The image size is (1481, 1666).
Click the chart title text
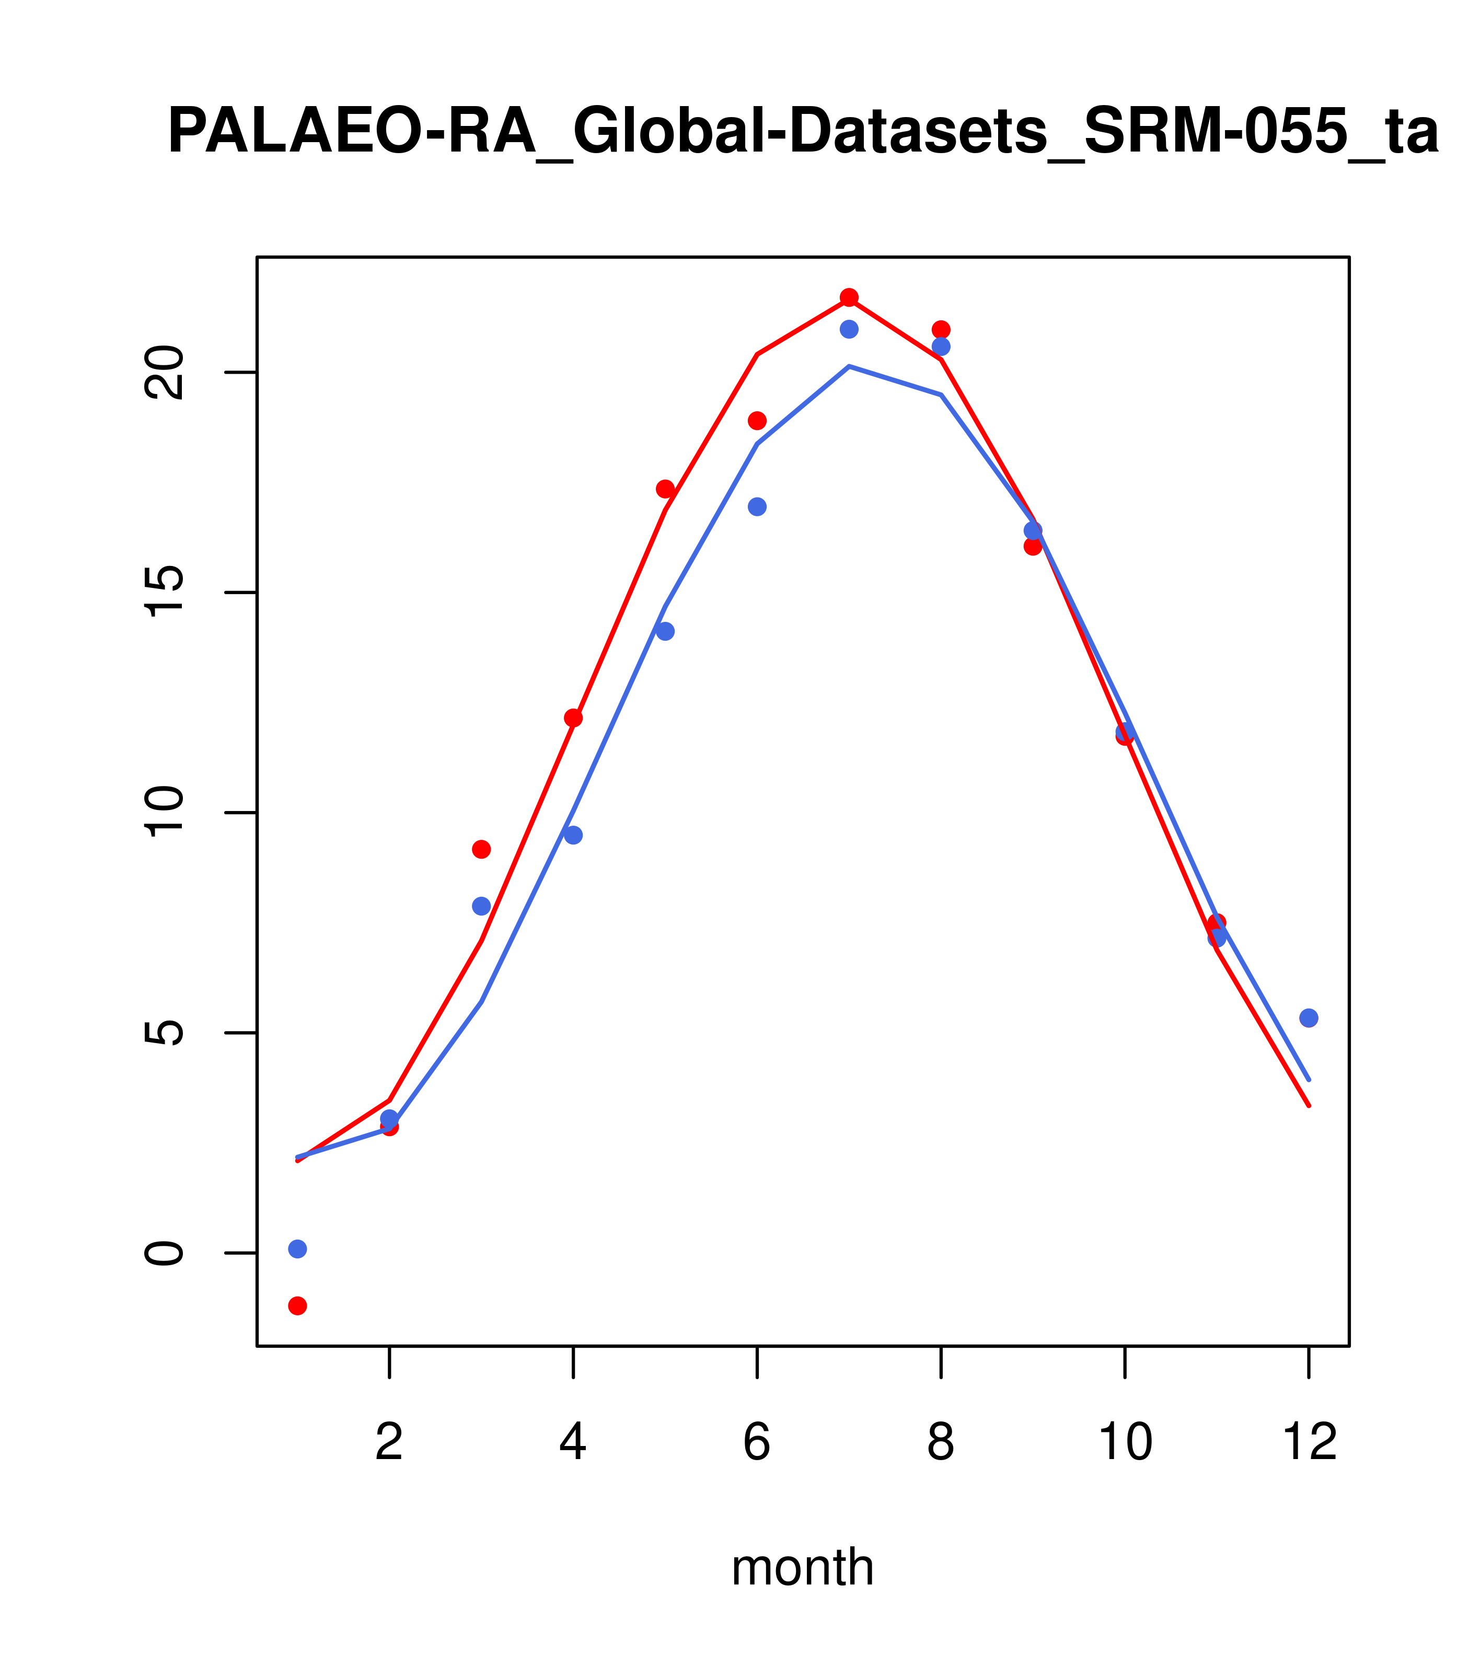click(803, 132)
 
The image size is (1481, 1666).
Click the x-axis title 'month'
click(802, 1567)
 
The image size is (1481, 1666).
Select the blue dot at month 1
click(297, 1248)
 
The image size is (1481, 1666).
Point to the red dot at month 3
click(482, 849)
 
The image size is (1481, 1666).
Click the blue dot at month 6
click(757, 507)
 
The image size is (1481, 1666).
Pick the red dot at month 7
click(849, 297)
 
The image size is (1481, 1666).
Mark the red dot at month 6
click(757, 421)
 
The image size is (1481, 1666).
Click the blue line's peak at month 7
click(849, 367)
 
